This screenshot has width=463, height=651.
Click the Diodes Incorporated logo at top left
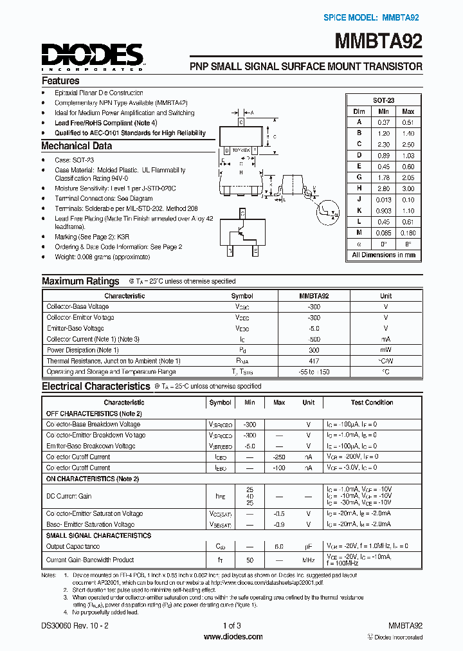coord(92,56)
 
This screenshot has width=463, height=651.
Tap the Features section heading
coord(60,81)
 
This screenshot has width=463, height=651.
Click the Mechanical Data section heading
coord(77,146)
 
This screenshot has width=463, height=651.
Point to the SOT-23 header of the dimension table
coord(384,100)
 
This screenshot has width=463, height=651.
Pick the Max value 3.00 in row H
coord(408,188)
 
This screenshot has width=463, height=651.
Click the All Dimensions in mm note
coord(384,255)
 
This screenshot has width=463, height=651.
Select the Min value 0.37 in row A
coord(384,122)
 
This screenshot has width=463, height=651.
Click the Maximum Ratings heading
coord(80,281)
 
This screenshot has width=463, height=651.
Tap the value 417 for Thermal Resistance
coord(314,361)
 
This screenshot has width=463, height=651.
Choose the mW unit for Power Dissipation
coord(385,350)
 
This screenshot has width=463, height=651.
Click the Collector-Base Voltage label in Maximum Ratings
coord(77,307)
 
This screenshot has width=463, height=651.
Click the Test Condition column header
coord(372,403)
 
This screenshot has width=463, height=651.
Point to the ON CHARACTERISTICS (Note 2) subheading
coord(92,479)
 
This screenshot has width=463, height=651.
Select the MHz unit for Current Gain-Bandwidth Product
coord(309,560)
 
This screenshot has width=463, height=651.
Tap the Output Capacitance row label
coord(73,546)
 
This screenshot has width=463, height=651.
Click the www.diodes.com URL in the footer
coord(232,637)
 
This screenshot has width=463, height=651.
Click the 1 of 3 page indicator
coord(232,625)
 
